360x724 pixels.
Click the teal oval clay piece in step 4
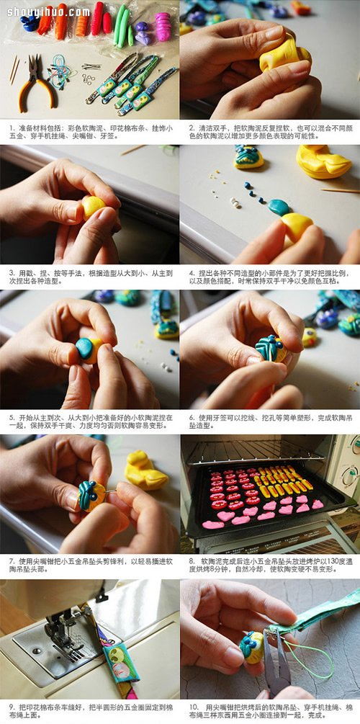click(279, 208)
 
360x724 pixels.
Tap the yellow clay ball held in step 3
click(93, 207)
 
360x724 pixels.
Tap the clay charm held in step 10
click(252, 647)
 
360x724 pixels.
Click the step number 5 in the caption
click(12, 417)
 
